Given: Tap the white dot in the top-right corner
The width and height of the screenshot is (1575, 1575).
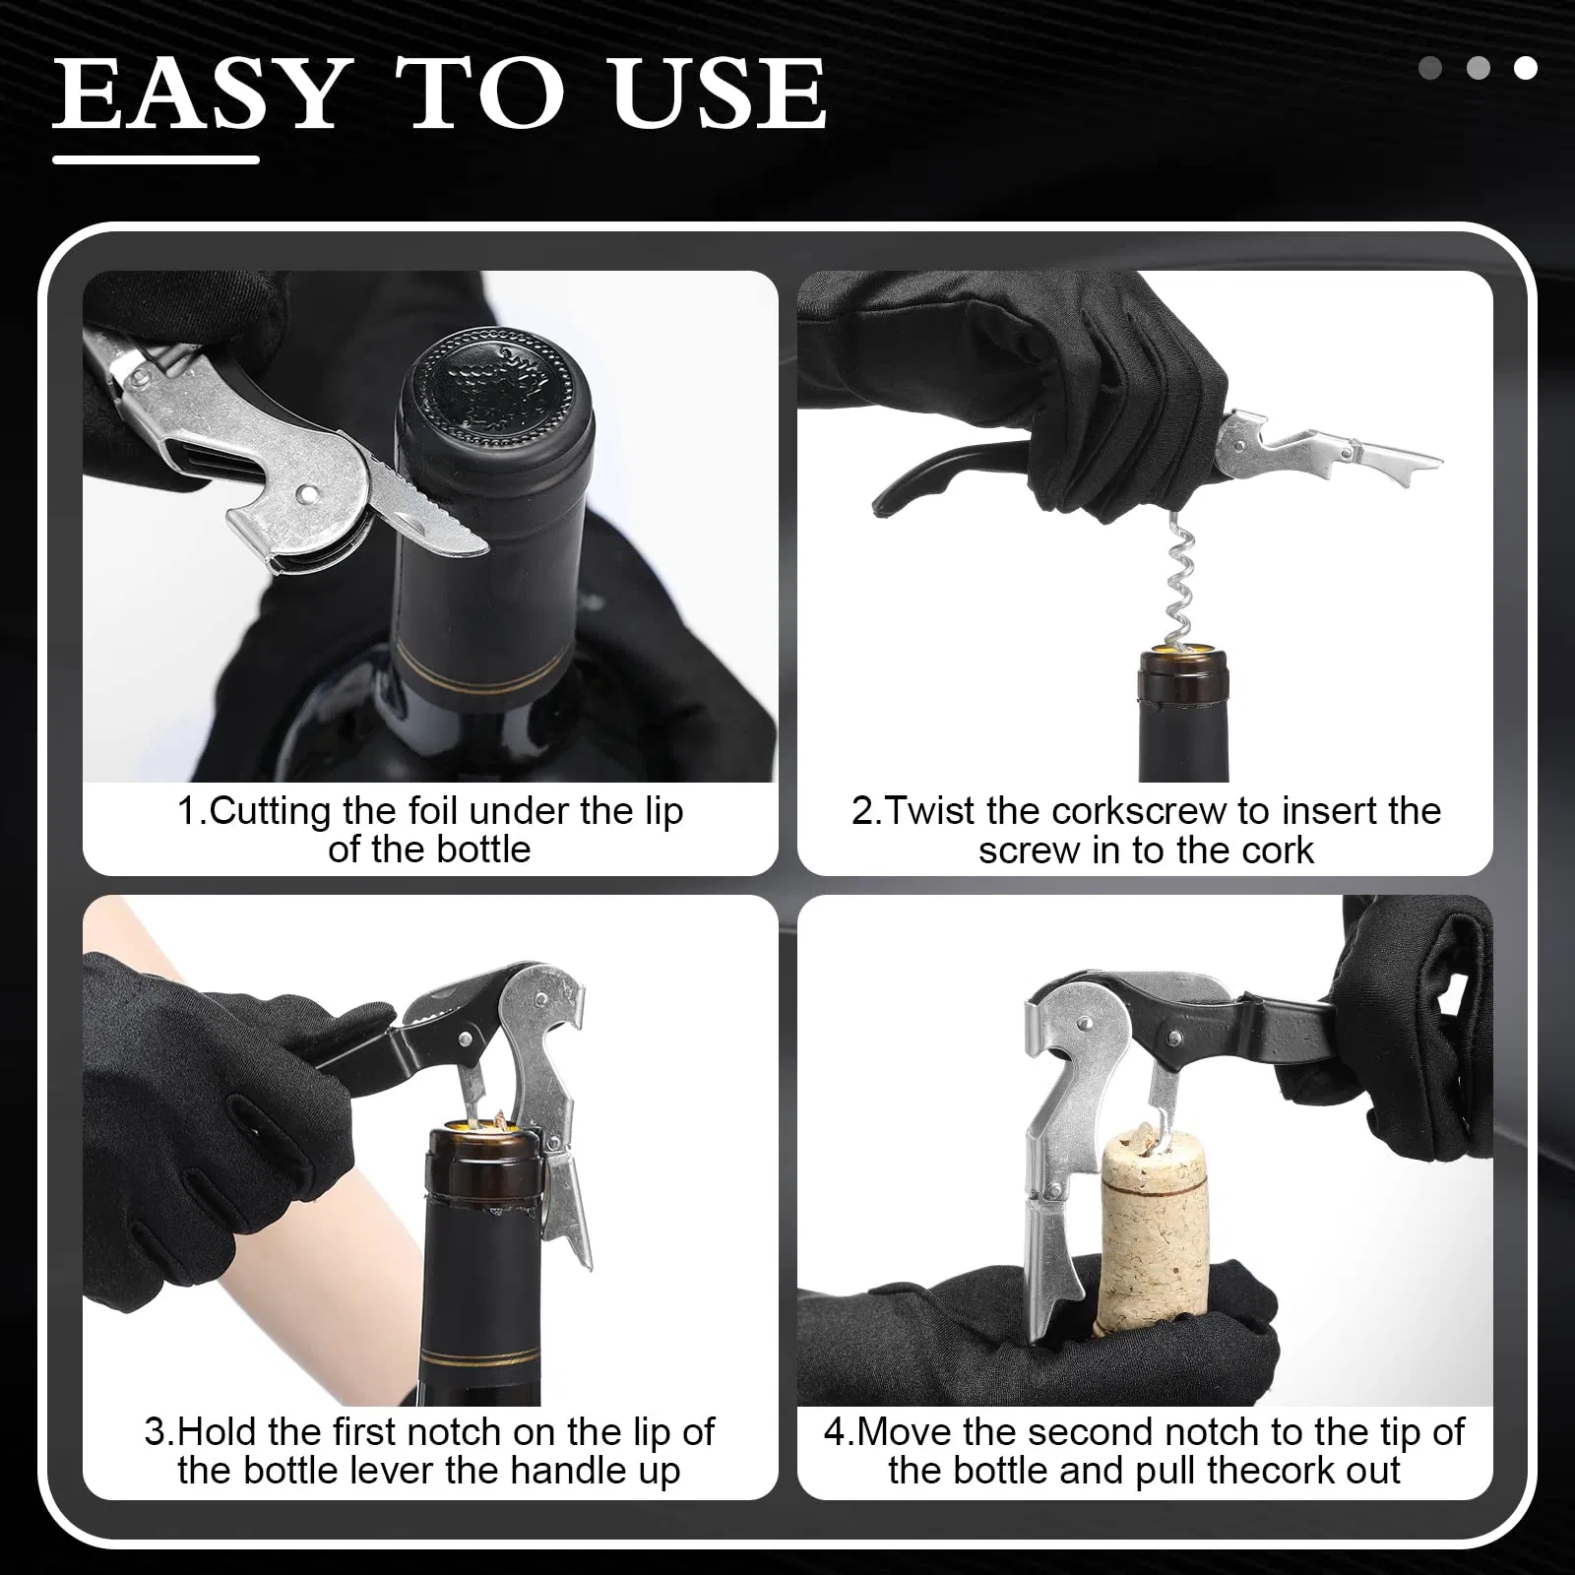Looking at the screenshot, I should pos(1525,68).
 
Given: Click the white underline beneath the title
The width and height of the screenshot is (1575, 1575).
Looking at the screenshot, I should pos(156,159).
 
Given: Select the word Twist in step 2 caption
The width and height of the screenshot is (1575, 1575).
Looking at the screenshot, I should pos(931,811).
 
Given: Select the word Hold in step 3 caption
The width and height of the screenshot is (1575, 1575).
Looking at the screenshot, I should pos(216,1431).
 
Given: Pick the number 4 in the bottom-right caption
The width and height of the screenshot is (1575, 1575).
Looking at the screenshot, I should pos(835,1431).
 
